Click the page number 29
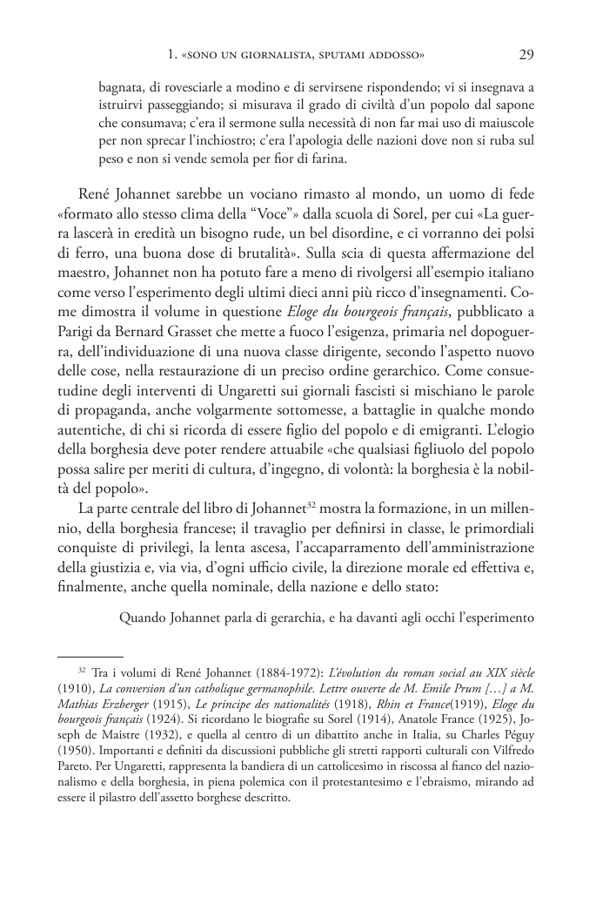point(526,55)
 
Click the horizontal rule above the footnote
point(90,656)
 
